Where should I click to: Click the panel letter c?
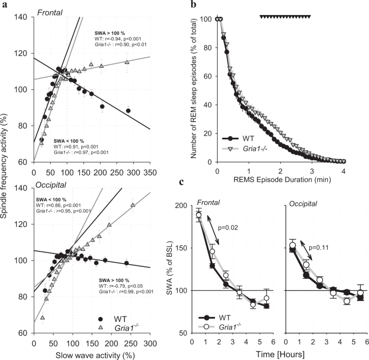coord(194,183)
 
